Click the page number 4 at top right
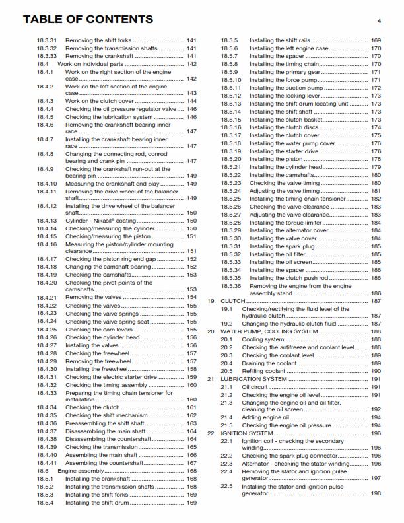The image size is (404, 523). pos(380,21)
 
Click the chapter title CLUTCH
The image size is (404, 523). pos(232,301)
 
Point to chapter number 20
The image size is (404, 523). pos(211,331)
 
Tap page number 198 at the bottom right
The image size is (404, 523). pos(376,493)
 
